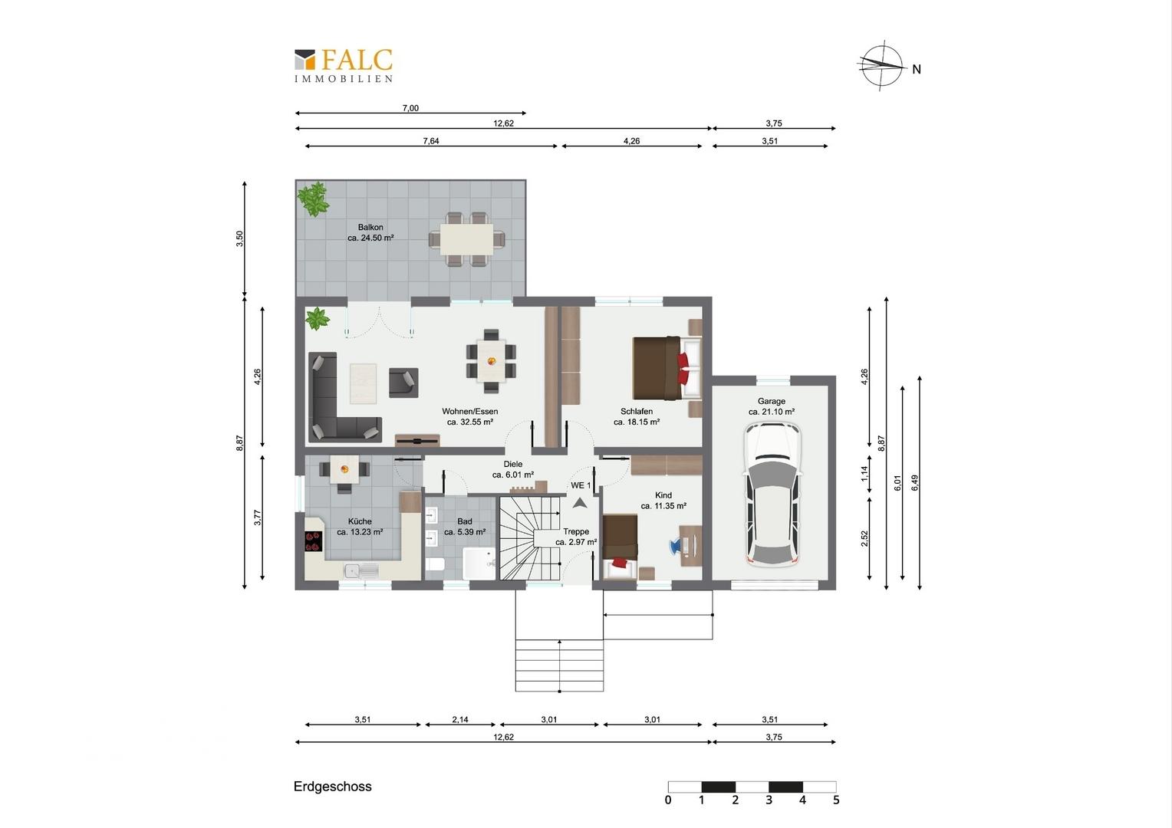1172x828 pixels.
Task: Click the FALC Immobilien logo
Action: [343, 66]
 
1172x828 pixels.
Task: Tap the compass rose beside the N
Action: [882, 65]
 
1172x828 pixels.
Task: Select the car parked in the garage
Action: [772, 495]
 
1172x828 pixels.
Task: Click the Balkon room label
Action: [370, 232]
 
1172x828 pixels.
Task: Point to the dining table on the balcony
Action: [466, 239]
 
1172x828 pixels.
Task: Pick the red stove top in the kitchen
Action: [314, 540]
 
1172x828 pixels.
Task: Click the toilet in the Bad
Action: [435, 564]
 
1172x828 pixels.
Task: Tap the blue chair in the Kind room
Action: [676, 546]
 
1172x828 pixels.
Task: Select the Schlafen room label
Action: [636, 416]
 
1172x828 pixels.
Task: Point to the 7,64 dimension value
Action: [430, 141]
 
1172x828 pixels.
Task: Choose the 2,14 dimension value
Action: [460, 720]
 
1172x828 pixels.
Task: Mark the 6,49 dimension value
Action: [914, 483]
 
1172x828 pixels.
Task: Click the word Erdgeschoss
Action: [332, 787]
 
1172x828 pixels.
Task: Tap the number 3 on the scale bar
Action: [769, 800]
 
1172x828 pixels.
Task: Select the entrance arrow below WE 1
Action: [579, 503]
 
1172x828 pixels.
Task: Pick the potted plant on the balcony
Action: [314, 199]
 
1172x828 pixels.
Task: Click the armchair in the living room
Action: [403, 383]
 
